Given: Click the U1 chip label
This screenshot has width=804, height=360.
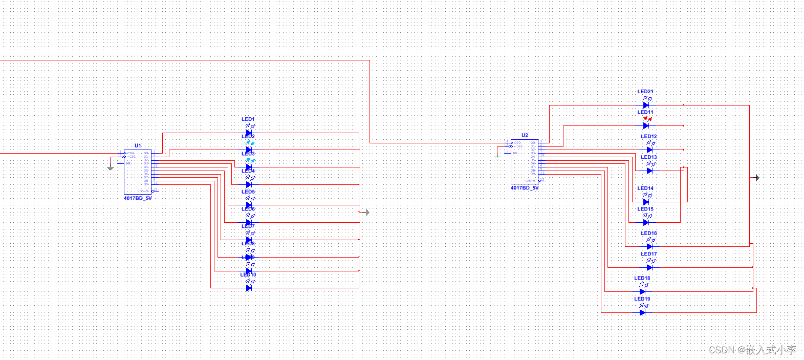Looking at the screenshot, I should [x=138, y=145].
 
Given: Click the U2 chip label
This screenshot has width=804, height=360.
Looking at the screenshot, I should [x=525, y=135].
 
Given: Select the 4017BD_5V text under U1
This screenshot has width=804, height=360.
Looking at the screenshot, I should [x=138, y=198].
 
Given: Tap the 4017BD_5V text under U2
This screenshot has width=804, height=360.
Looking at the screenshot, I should [x=525, y=188].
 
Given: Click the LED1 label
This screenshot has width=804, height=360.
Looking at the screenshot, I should [x=248, y=119].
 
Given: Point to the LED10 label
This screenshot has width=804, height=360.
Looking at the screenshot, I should [x=248, y=274].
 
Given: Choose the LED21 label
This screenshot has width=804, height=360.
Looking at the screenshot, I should [x=645, y=91].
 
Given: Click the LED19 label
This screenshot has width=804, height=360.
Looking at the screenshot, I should [x=642, y=299].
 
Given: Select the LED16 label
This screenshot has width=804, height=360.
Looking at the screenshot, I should [x=649, y=233].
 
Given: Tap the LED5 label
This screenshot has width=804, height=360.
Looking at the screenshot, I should [x=248, y=192].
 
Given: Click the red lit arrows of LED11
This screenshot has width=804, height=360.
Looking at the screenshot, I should [x=647, y=119].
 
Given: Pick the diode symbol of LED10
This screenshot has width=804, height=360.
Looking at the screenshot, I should [x=249, y=288].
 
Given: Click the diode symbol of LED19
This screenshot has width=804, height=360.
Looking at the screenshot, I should [x=643, y=312].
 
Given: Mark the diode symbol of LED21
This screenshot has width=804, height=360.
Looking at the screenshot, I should [x=646, y=105].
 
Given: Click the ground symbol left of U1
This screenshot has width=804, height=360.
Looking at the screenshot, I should [x=111, y=167].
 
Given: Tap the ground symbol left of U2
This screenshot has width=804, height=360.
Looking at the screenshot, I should [x=497, y=157].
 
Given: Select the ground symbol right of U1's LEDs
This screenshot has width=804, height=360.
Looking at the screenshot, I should [x=366, y=212].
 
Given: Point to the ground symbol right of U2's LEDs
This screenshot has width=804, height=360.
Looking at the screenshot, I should [x=757, y=178].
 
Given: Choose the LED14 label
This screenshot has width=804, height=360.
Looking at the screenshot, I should [x=645, y=188].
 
